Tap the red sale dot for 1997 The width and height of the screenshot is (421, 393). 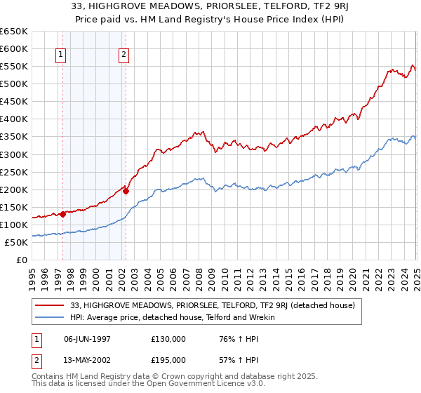[x=62, y=214]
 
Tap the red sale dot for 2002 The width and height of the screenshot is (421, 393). [x=126, y=191]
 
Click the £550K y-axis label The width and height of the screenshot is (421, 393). [x=14, y=66]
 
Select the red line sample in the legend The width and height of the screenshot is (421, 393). [x=49, y=305]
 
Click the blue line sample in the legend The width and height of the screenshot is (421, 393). [x=49, y=317]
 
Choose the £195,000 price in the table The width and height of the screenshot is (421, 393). [x=168, y=359]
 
